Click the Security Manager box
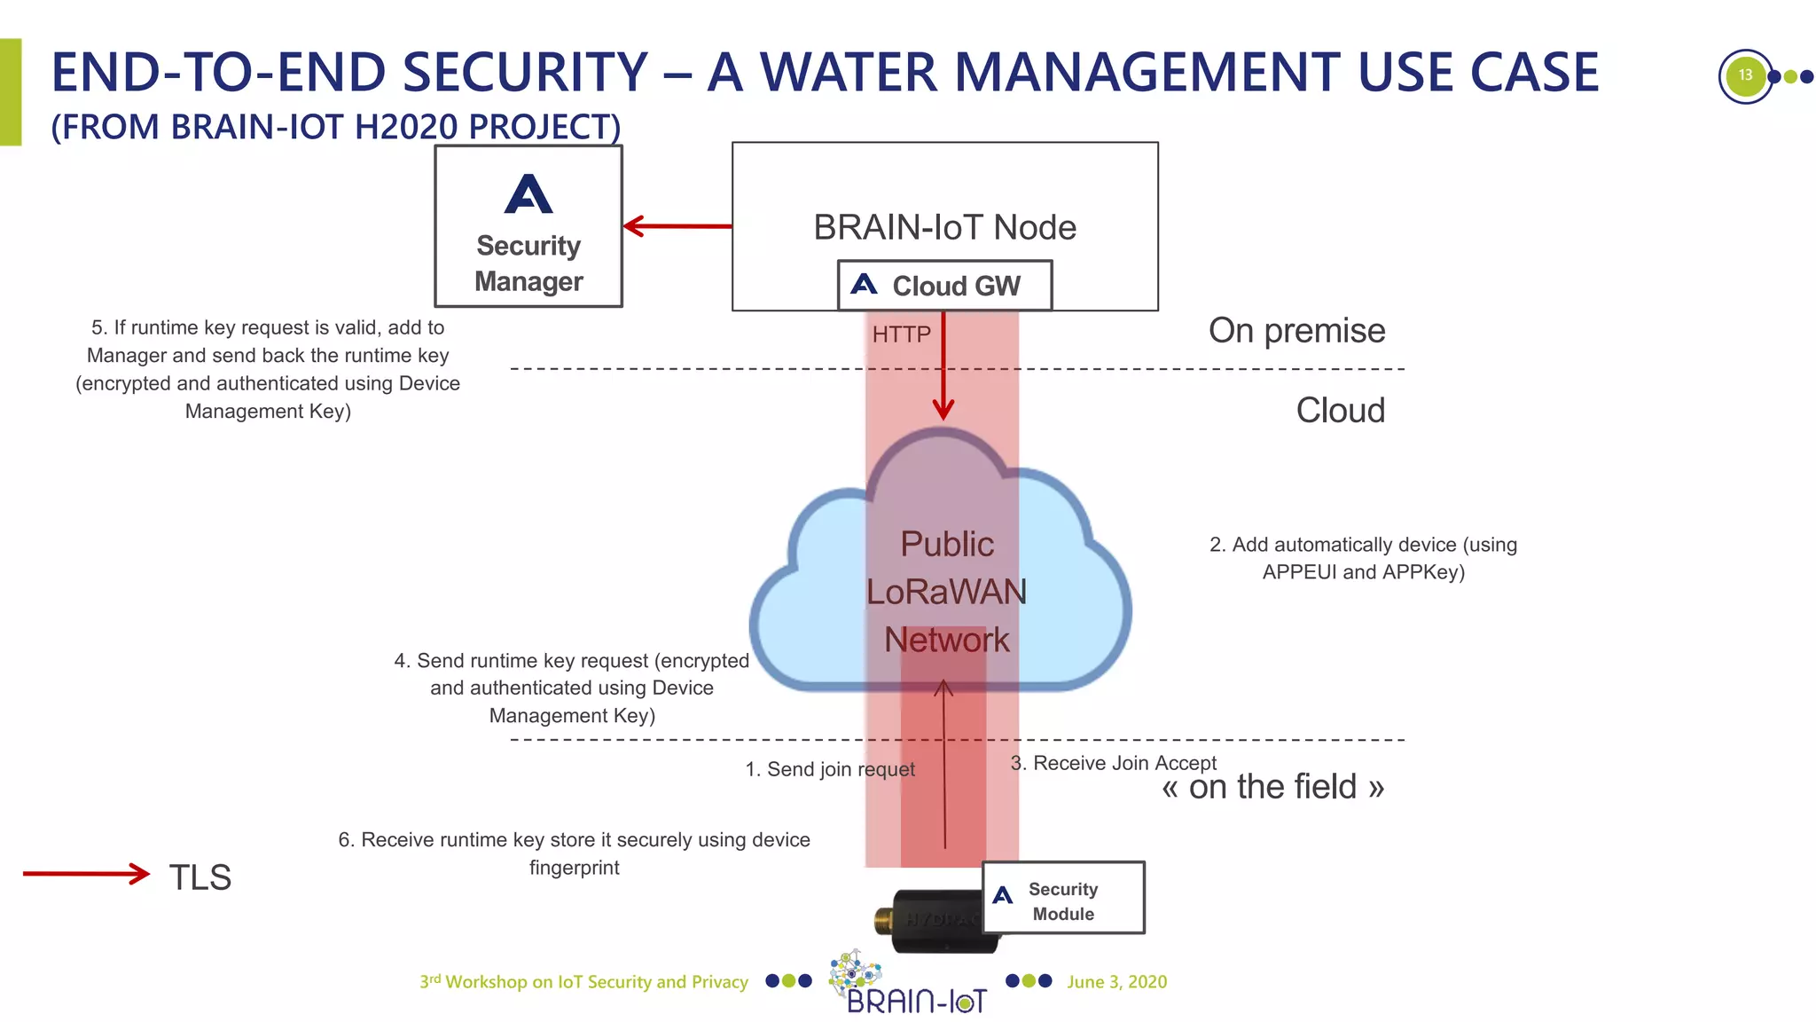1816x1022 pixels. pyautogui.click(x=528, y=227)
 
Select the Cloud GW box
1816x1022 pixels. pyautogui.click(x=944, y=286)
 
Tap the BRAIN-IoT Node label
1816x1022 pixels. pyautogui.click(x=944, y=227)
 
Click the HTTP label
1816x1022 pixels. pyautogui.click(x=901, y=334)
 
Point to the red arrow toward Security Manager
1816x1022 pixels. pyautogui.click(x=677, y=226)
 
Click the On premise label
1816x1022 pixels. pyautogui.click(x=1296, y=331)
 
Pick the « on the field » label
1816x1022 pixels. pyautogui.click(x=1272, y=787)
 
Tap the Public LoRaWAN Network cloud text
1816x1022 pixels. pyautogui.click(x=946, y=592)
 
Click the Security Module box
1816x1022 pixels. pyautogui.click(x=1063, y=898)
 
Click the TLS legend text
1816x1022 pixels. pyautogui.click(x=200, y=877)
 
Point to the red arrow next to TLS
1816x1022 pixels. pyautogui.click(x=86, y=874)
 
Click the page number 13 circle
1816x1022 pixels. pyautogui.click(x=1745, y=76)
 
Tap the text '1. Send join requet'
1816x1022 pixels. pyautogui.click(x=830, y=769)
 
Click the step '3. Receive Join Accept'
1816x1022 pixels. pyautogui.click(x=1114, y=763)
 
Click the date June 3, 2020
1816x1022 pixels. pyautogui.click(x=1116, y=982)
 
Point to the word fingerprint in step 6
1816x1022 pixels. pyautogui.click(x=575, y=868)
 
